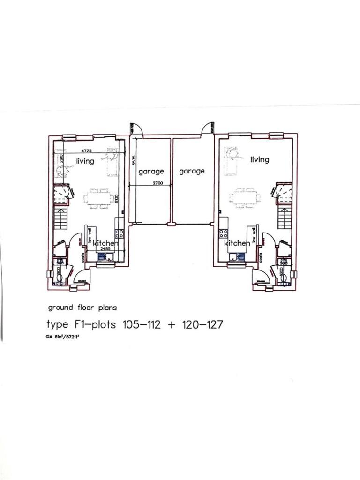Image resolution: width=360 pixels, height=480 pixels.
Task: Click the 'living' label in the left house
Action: tap(85, 161)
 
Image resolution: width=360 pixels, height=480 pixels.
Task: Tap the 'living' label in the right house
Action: tap(260, 159)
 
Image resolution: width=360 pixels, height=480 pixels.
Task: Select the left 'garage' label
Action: tap(151, 172)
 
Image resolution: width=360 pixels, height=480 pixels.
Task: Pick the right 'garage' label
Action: tap(192, 171)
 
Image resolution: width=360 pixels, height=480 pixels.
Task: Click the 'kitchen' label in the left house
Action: tap(105, 243)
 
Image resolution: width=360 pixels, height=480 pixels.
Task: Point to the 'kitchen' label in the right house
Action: tap(237, 243)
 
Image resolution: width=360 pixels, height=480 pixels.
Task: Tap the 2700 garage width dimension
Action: tap(157, 183)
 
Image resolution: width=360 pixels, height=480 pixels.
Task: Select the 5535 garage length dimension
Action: tap(134, 160)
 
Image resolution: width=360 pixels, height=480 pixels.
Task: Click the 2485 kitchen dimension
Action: tap(105, 249)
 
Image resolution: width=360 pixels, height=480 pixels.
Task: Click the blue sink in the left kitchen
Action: tap(102, 257)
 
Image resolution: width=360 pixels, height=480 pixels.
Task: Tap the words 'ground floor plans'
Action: tap(82, 308)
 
